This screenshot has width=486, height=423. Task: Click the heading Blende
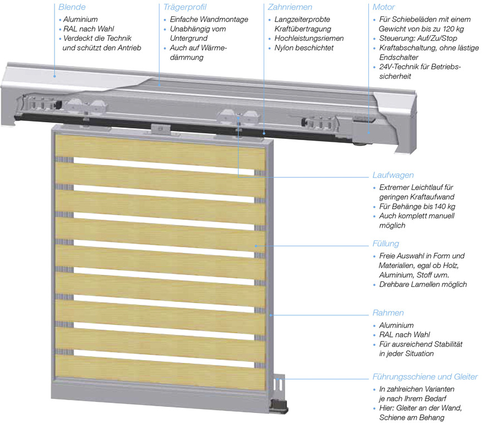click(x=72, y=7)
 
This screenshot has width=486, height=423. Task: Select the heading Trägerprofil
click(x=184, y=7)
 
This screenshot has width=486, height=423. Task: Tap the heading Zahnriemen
click(x=290, y=7)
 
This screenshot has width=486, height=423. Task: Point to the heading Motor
click(x=383, y=7)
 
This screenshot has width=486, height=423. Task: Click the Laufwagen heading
click(x=393, y=175)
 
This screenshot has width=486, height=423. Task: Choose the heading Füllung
click(x=386, y=244)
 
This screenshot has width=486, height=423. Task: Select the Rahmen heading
click(x=388, y=313)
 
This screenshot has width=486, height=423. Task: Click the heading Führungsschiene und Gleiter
click(x=425, y=377)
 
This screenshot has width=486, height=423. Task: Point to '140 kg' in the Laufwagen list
click(x=444, y=206)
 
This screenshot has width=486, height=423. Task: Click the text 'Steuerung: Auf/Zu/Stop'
click(x=418, y=38)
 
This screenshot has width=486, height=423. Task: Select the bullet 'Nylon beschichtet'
click(x=304, y=48)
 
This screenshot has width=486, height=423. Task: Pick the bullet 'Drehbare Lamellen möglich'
click(x=423, y=284)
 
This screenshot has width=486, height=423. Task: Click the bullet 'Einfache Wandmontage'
click(x=209, y=19)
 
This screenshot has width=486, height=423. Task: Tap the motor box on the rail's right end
click(x=363, y=131)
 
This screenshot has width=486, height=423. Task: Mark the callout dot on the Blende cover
click(x=55, y=76)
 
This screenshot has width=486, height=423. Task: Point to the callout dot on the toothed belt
click(x=264, y=133)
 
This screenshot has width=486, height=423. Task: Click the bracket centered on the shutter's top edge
click(x=161, y=129)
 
